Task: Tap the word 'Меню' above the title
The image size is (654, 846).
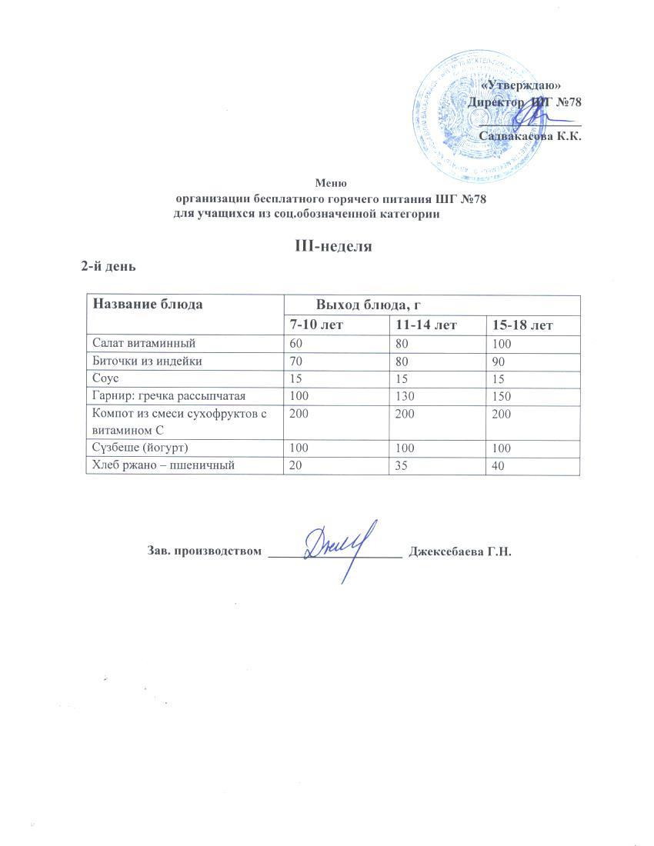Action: point(332,183)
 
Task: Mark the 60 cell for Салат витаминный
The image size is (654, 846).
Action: point(296,342)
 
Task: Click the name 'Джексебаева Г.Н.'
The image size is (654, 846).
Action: point(460,551)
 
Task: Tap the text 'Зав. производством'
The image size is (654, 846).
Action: point(203,551)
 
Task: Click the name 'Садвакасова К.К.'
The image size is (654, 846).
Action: point(529,136)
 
